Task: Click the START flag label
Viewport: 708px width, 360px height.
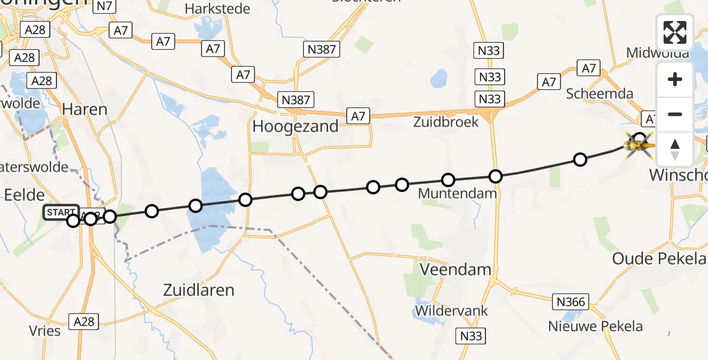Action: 61,212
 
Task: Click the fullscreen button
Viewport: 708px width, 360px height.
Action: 675,32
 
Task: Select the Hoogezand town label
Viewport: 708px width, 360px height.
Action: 295,126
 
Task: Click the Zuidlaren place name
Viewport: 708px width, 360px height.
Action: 199,290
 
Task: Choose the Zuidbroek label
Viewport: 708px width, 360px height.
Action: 446,122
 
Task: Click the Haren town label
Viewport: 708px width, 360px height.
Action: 85,109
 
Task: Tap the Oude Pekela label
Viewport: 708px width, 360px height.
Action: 659,259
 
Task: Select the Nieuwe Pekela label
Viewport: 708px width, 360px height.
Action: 595,326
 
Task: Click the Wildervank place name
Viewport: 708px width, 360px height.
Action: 454,311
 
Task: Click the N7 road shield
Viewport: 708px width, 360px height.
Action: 105,7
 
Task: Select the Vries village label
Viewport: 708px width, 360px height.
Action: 44,331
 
